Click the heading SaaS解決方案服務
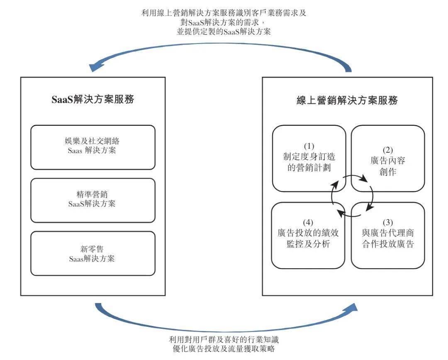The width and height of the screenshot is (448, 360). point(93,99)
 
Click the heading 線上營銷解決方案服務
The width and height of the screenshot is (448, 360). point(347,100)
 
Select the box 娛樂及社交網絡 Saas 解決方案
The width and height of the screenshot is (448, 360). point(93,147)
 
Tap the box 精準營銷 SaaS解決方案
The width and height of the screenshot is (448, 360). point(93,201)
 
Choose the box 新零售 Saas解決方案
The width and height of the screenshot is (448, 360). point(93,254)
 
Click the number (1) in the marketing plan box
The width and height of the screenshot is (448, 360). point(309,146)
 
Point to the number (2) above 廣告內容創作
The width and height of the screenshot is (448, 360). point(388,150)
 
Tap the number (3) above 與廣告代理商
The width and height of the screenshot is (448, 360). point(388,222)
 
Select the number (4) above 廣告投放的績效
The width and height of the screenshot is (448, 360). point(308,222)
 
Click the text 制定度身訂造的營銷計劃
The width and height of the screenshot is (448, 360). point(309,162)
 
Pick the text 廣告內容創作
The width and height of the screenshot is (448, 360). point(388,166)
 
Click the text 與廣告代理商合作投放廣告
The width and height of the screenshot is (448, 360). point(388,238)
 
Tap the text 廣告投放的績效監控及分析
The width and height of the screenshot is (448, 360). point(308,238)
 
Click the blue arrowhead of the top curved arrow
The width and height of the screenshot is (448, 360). point(94,67)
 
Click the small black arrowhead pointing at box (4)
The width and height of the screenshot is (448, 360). point(341,213)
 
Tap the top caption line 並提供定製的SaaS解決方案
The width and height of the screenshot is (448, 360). point(224,32)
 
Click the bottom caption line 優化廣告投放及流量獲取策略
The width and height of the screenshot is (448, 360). point(224,348)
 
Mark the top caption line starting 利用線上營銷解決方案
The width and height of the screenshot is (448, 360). point(224,13)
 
